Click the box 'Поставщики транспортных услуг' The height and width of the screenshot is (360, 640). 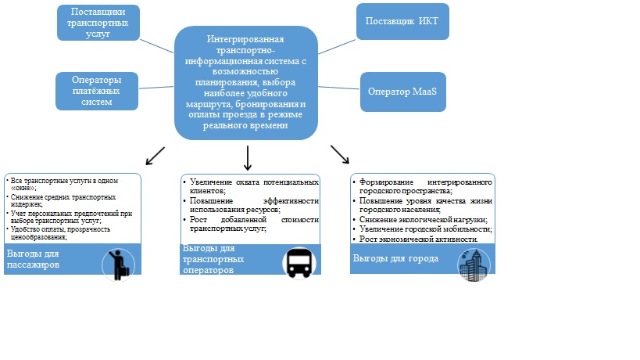(x=98, y=23)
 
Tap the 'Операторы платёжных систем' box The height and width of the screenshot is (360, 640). (x=97, y=92)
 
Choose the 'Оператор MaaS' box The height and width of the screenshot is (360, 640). (x=402, y=91)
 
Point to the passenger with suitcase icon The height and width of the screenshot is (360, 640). (x=120, y=263)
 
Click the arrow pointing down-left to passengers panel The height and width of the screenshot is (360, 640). (x=156, y=155)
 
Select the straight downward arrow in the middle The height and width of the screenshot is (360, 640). (x=247, y=159)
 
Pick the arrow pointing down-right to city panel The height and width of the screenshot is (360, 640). (x=340, y=154)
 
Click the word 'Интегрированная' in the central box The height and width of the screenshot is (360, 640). (x=246, y=38)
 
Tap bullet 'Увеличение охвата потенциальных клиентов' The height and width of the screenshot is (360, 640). (x=255, y=186)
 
